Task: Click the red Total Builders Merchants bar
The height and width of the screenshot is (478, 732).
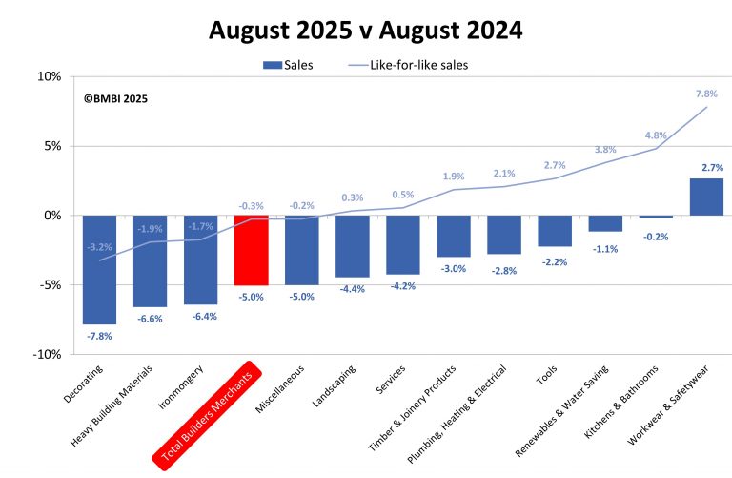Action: click(x=252, y=250)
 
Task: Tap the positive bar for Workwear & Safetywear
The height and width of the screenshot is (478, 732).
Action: click(x=706, y=197)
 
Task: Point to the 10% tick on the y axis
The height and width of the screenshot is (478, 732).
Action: click(x=50, y=77)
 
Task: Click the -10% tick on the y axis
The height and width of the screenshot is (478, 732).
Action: click(x=47, y=354)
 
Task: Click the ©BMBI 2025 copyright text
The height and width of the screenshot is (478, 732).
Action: click(x=115, y=98)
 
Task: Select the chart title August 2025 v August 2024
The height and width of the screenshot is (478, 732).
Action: click(x=366, y=31)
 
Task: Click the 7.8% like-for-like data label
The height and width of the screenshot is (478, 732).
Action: click(x=706, y=94)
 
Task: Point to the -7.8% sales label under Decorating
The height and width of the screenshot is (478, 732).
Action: click(x=99, y=336)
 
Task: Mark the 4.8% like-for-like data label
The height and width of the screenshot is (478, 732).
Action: click(x=656, y=135)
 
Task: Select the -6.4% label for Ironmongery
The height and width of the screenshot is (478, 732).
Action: click(x=200, y=317)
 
